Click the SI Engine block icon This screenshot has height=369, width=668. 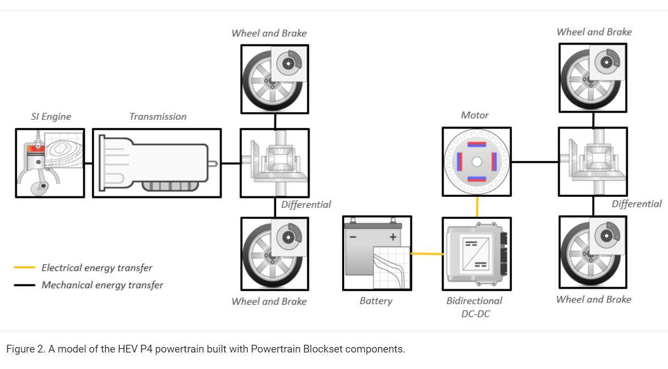click(x=50, y=163)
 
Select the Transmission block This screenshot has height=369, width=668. click(x=157, y=163)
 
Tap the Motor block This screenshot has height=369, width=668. click(x=477, y=162)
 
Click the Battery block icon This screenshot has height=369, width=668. click(x=377, y=253)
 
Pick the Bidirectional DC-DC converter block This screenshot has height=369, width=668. click(x=477, y=254)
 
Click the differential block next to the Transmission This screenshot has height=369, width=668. click(x=274, y=163)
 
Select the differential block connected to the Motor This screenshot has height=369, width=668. click(x=593, y=162)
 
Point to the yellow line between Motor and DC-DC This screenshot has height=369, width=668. click(x=477, y=206)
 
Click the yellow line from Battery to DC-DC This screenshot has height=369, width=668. click(x=427, y=254)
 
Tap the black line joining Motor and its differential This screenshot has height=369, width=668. click(x=534, y=162)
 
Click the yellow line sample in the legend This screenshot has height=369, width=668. click(x=25, y=268)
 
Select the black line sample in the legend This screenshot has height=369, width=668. click(x=25, y=285)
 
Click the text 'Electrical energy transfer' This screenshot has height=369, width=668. click(x=97, y=268)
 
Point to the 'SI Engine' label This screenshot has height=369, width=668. click(x=51, y=117)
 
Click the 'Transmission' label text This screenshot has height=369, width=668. click(x=158, y=117)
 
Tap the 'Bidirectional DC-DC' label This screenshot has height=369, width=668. click(x=474, y=307)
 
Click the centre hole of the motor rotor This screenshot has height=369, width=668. click(x=477, y=162)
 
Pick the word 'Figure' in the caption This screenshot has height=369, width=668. click(x=20, y=349)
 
